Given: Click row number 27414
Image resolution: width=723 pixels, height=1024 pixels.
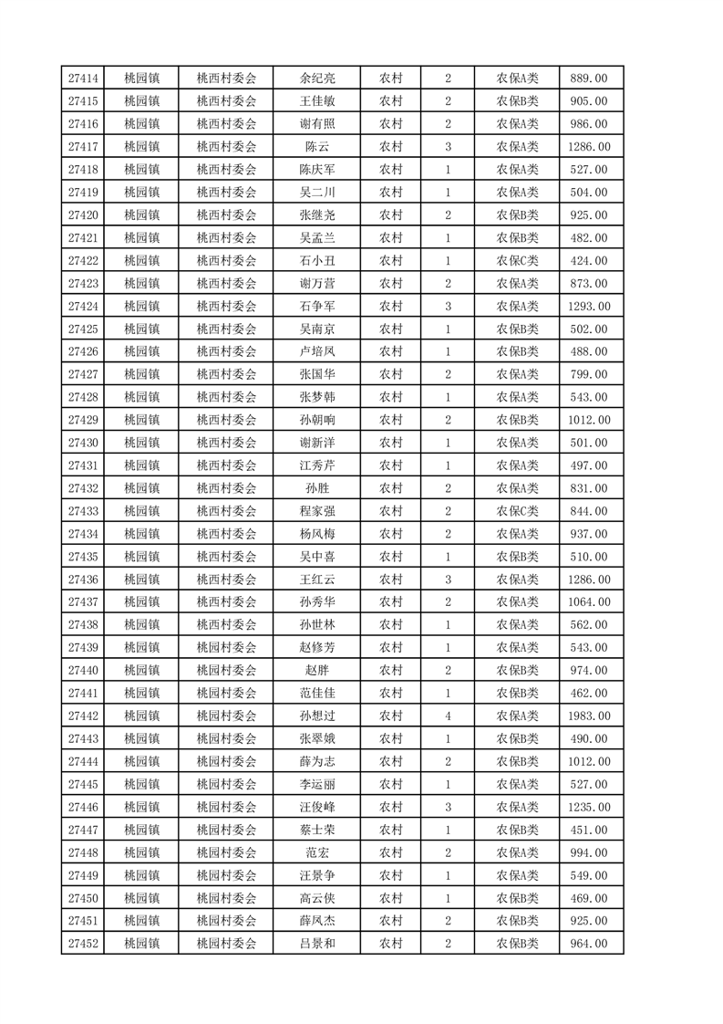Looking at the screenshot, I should (83, 78).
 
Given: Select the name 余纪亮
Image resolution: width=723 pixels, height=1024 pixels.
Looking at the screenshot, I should (317, 78).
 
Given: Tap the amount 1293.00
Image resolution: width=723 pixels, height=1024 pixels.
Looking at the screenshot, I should (588, 307).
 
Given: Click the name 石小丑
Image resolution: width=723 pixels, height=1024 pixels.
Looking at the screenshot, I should (317, 261).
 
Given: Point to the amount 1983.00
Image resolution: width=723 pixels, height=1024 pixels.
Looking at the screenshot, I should (588, 716).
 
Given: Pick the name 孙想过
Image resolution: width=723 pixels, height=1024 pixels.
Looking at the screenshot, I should (317, 716).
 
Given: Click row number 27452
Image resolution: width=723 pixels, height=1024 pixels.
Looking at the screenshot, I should (83, 944).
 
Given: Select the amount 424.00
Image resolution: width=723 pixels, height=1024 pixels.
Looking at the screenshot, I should (588, 261).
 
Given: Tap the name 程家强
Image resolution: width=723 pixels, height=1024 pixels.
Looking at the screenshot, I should (317, 511).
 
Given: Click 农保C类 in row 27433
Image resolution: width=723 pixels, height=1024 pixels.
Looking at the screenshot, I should (517, 511).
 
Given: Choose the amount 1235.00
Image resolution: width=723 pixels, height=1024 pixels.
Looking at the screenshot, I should (588, 807).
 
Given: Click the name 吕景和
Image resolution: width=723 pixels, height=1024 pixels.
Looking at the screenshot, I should (317, 944).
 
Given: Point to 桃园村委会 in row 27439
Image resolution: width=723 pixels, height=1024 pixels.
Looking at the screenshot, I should (227, 648).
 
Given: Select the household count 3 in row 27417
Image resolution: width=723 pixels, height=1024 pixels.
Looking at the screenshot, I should (448, 147).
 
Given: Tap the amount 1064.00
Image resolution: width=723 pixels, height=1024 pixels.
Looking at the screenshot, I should (588, 602).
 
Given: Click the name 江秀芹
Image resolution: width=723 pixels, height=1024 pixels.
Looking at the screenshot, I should (317, 465).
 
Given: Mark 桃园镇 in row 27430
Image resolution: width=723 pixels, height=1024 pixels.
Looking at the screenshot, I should (141, 443).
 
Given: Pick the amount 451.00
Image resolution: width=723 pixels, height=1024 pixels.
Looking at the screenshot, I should (588, 830).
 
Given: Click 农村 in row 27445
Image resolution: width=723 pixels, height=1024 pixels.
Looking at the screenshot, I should (391, 784).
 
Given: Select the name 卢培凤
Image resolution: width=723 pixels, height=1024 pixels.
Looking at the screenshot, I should (317, 352).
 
